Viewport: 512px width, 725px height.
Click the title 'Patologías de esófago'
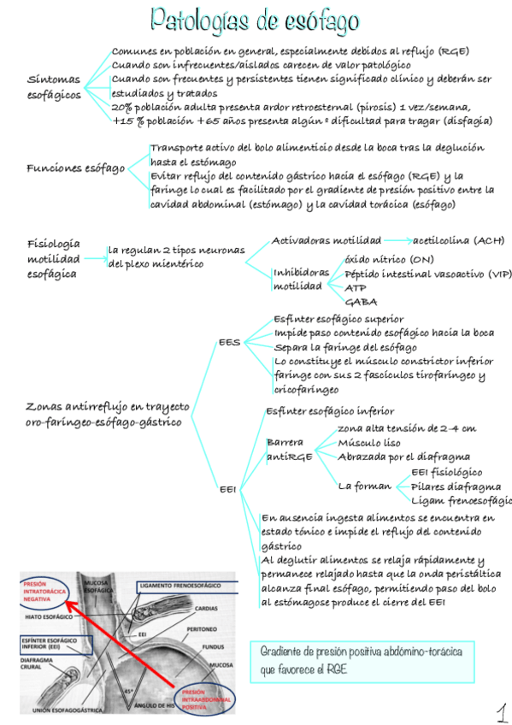254,20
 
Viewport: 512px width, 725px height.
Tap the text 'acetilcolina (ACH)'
458,241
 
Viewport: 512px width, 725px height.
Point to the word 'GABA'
360,302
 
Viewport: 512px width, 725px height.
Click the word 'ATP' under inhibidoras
355,288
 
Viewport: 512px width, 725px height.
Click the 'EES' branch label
229,342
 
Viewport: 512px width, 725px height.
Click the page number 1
501,711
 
